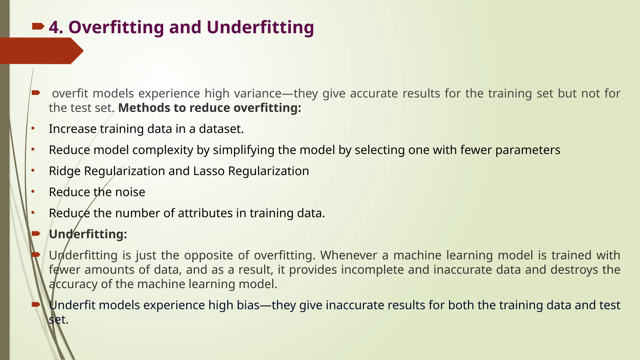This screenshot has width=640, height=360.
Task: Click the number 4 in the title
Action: [54, 27]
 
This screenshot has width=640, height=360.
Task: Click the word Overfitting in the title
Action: [116, 27]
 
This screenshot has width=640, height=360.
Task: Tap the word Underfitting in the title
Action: [260, 27]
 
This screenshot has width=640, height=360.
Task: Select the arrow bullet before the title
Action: [38, 27]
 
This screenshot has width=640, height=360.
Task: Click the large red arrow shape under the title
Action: [41, 51]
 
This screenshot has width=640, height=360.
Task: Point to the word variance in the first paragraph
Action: [258, 93]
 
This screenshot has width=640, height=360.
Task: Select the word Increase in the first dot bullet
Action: [72, 129]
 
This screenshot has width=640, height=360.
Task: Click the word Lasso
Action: [209, 171]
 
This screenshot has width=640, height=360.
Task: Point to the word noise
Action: [130, 192]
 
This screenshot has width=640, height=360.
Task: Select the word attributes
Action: [205, 213]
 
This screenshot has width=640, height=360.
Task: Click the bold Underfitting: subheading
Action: [88, 234]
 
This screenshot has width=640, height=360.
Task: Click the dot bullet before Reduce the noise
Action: [33, 192]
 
